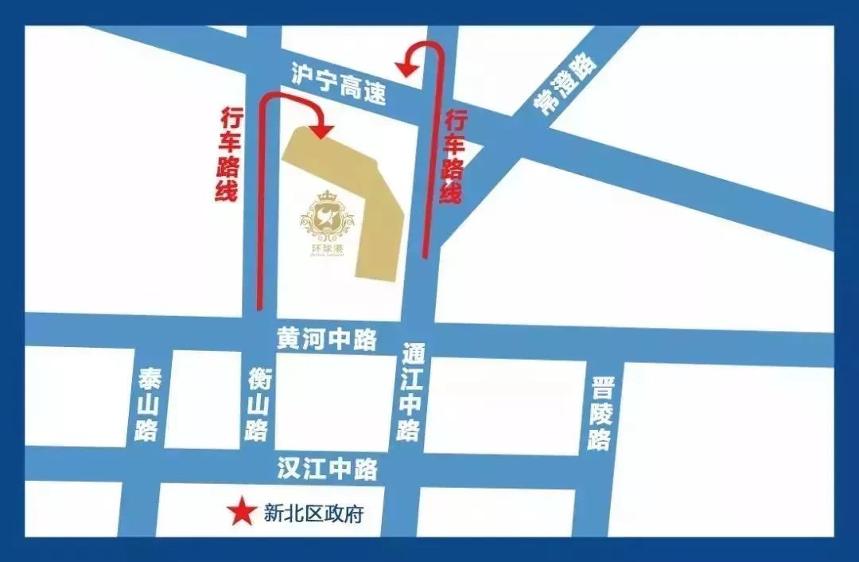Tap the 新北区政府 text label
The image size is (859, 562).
(313, 514)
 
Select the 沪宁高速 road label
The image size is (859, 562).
(339, 84)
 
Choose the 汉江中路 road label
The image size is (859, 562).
(327, 469)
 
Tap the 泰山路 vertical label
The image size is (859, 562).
(148, 405)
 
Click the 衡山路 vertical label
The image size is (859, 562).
(258, 404)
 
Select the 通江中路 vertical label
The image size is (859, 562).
(410, 392)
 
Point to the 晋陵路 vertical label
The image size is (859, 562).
(602, 413)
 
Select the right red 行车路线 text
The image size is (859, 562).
(454, 157)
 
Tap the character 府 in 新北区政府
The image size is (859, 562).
(354, 514)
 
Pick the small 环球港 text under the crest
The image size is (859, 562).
(326, 248)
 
